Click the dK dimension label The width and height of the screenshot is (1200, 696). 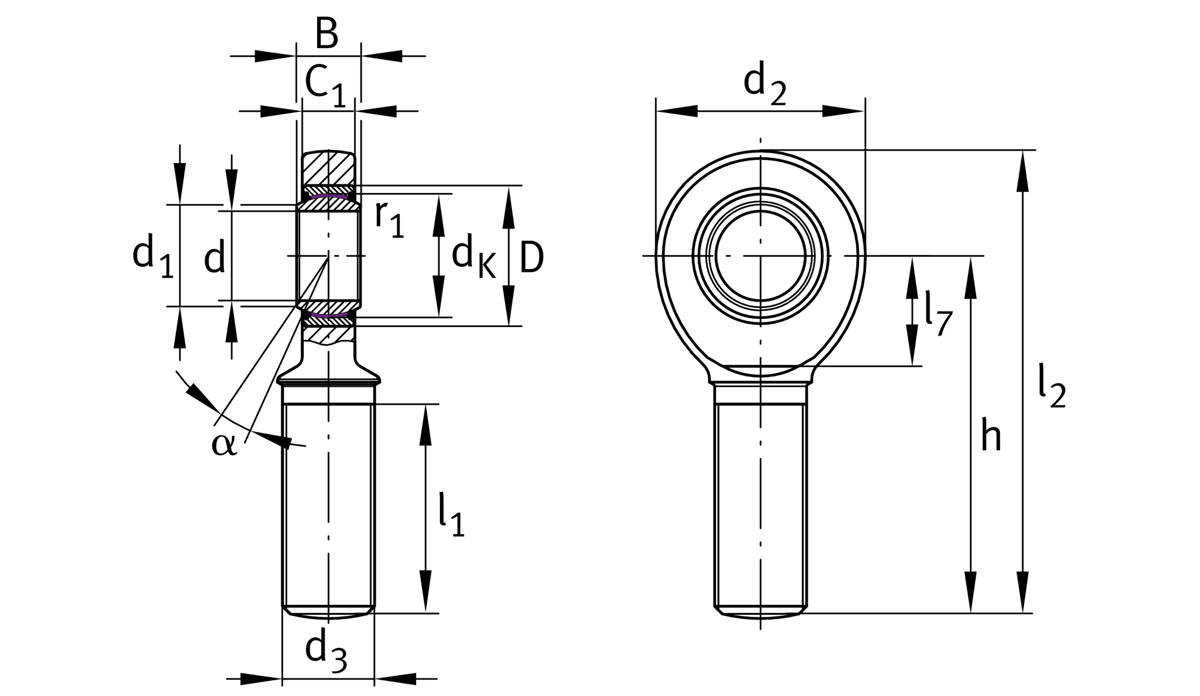point(473,258)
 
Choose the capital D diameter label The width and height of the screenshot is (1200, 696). point(531,258)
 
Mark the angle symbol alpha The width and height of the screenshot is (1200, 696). point(224,444)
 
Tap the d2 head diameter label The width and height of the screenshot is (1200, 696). point(764,84)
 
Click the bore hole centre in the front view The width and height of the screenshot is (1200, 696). point(761,255)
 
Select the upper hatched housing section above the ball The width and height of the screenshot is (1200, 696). point(328,168)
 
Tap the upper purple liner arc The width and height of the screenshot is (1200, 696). point(328,197)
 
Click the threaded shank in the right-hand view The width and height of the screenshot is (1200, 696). point(761,505)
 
